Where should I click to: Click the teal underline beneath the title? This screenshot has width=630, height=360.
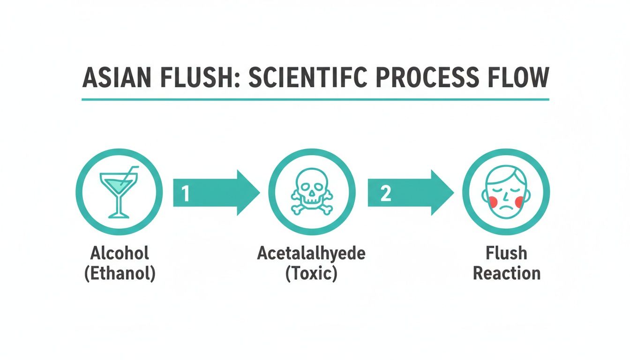315,99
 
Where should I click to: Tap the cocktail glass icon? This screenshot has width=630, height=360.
119,192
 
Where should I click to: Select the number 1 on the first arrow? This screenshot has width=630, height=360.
186,193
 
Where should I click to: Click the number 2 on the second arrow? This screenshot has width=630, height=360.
385,193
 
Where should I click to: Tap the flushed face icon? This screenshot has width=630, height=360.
506,192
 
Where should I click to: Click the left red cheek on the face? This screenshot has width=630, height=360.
492,201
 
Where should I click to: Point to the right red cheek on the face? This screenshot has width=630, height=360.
519,201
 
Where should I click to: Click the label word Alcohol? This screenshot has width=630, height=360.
120,254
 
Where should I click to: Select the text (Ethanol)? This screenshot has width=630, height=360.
120,273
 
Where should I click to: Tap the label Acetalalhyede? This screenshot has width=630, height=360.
311,254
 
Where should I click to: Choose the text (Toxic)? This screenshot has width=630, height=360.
311,273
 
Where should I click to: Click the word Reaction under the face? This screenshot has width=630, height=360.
506,273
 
